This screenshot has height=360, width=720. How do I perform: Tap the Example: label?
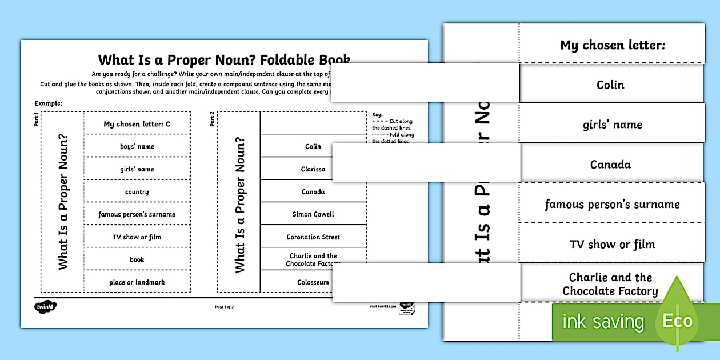[x=48, y=103]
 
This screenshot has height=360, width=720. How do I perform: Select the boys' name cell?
[x=137, y=146]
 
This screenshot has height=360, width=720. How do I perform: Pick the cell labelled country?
[x=137, y=192]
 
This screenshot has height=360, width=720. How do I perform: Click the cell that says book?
[x=137, y=259]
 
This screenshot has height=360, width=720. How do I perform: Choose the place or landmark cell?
[x=137, y=282]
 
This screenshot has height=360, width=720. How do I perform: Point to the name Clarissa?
[x=313, y=169]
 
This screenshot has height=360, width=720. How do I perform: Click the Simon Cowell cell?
[x=313, y=214]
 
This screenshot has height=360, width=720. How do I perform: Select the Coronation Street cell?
[x=313, y=237]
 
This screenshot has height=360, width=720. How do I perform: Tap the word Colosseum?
[x=313, y=282]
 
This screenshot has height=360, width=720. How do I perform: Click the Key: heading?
[x=377, y=114]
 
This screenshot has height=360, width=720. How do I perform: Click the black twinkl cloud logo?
[x=46, y=307]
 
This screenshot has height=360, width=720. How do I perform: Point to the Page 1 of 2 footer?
[x=224, y=307]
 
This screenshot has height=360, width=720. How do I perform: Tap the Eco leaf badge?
[x=677, y=320]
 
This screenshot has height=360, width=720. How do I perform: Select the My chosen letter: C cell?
[x=137, y=124]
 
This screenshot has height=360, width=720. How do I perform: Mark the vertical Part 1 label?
[x=37, y=119]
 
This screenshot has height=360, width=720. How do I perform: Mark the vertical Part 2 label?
[x=213, y=119]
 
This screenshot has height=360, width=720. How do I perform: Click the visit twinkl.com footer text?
[x=382, y=307]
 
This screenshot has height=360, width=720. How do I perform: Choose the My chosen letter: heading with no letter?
[x=612, y=46]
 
